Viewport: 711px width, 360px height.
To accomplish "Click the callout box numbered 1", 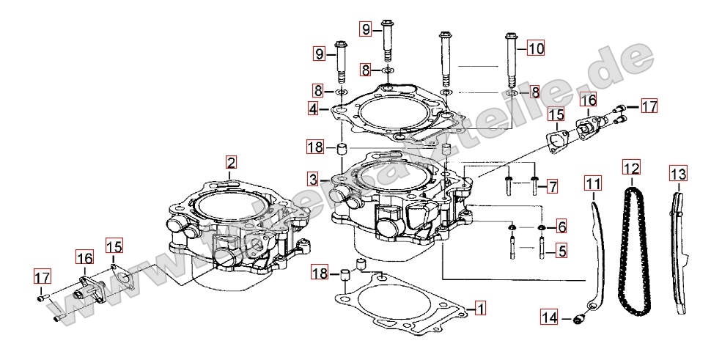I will (479, 309).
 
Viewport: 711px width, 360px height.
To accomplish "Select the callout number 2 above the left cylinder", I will (231, 162).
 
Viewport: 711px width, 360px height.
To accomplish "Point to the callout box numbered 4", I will (313, 109).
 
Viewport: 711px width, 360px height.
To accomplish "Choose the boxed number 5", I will (561, 252).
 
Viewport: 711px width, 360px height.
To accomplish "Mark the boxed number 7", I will (552, 187).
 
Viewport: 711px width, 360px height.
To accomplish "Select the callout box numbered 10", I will (536, 49).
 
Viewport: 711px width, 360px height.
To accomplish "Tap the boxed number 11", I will (593, 183).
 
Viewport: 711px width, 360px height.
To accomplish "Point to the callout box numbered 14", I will (550, 317).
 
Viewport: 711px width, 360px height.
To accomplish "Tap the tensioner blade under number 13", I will (680, 249).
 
